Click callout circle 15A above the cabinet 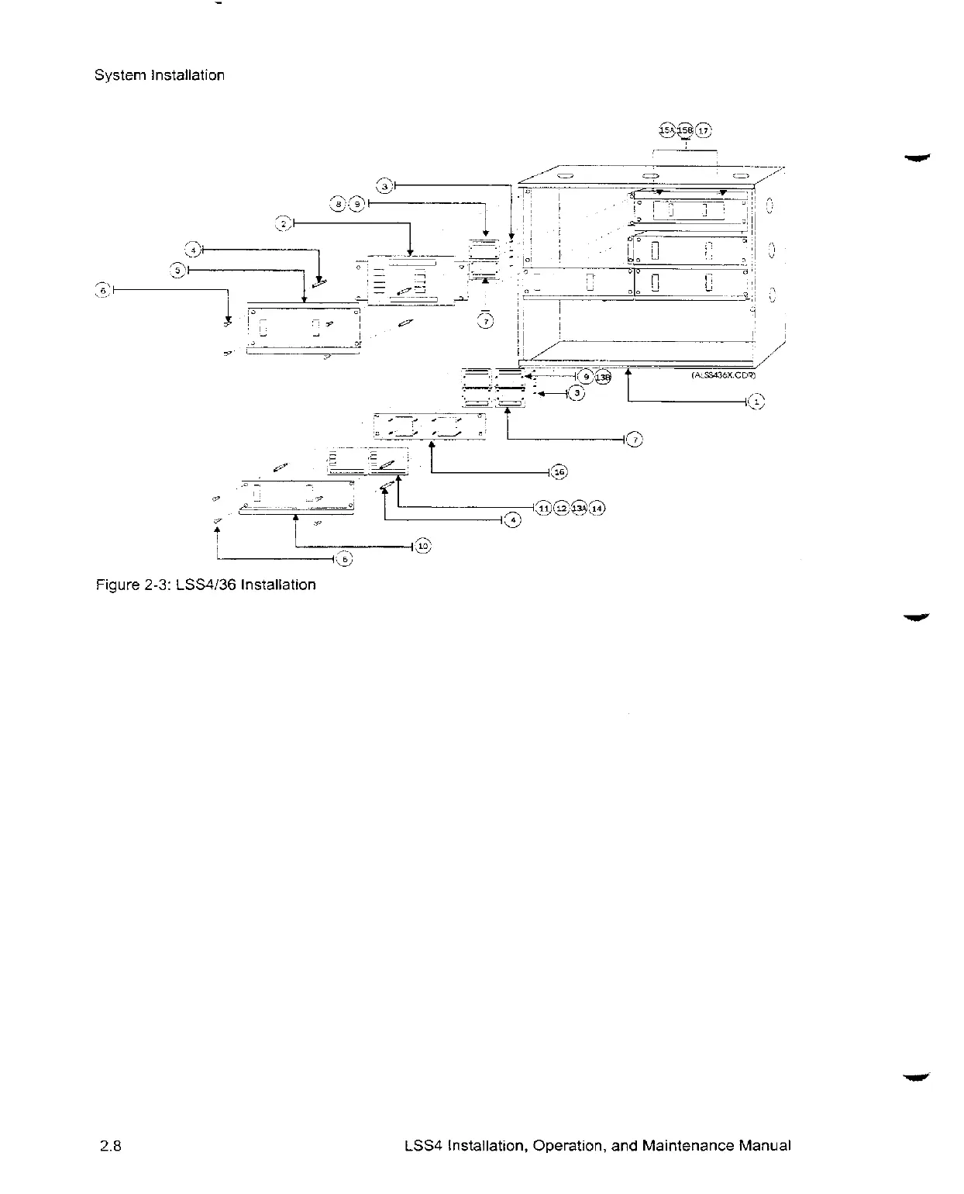coord(666,129)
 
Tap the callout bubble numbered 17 coord(703,129)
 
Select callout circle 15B coord(685,129)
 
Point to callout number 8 coord(339,204)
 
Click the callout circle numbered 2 coord(284,223)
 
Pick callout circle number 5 coord(179,269)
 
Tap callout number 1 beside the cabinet coord(757,402)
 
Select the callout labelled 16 coord(559,471)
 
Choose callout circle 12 coord(561,508)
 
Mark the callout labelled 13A coord(579,508)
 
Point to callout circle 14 coord(597,508)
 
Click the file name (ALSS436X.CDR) coord(723,374)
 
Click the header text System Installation coord(159,75)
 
